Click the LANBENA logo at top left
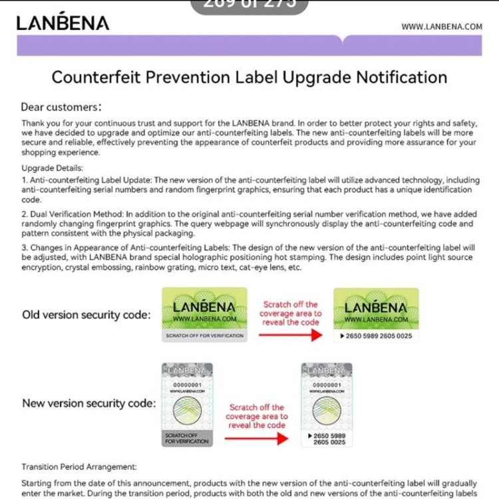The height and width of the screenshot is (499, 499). click(x=63, y=23)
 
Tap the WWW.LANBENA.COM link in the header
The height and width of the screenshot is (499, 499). click(x=441, y=27)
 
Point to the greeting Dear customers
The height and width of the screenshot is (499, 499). click(x=61, y=107)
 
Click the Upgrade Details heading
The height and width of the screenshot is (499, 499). click(x=52, y=168)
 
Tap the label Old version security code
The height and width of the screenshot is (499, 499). click(x=86, y=315)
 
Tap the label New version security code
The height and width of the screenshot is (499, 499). click(x=88, y=403)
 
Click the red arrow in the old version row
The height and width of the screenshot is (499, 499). click(x=290, y=335)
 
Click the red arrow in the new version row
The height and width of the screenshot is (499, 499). click(x=255, y=438)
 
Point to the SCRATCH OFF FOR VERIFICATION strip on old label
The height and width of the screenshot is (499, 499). click(x=204, y=336)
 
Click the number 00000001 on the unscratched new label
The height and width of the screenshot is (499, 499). click(x=187, y=385)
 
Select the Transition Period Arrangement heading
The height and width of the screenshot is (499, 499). click(x=79, y=467)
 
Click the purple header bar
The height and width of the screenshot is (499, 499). click(x=249, y=45)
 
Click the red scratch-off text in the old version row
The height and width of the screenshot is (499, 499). click(x=290, y=313)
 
